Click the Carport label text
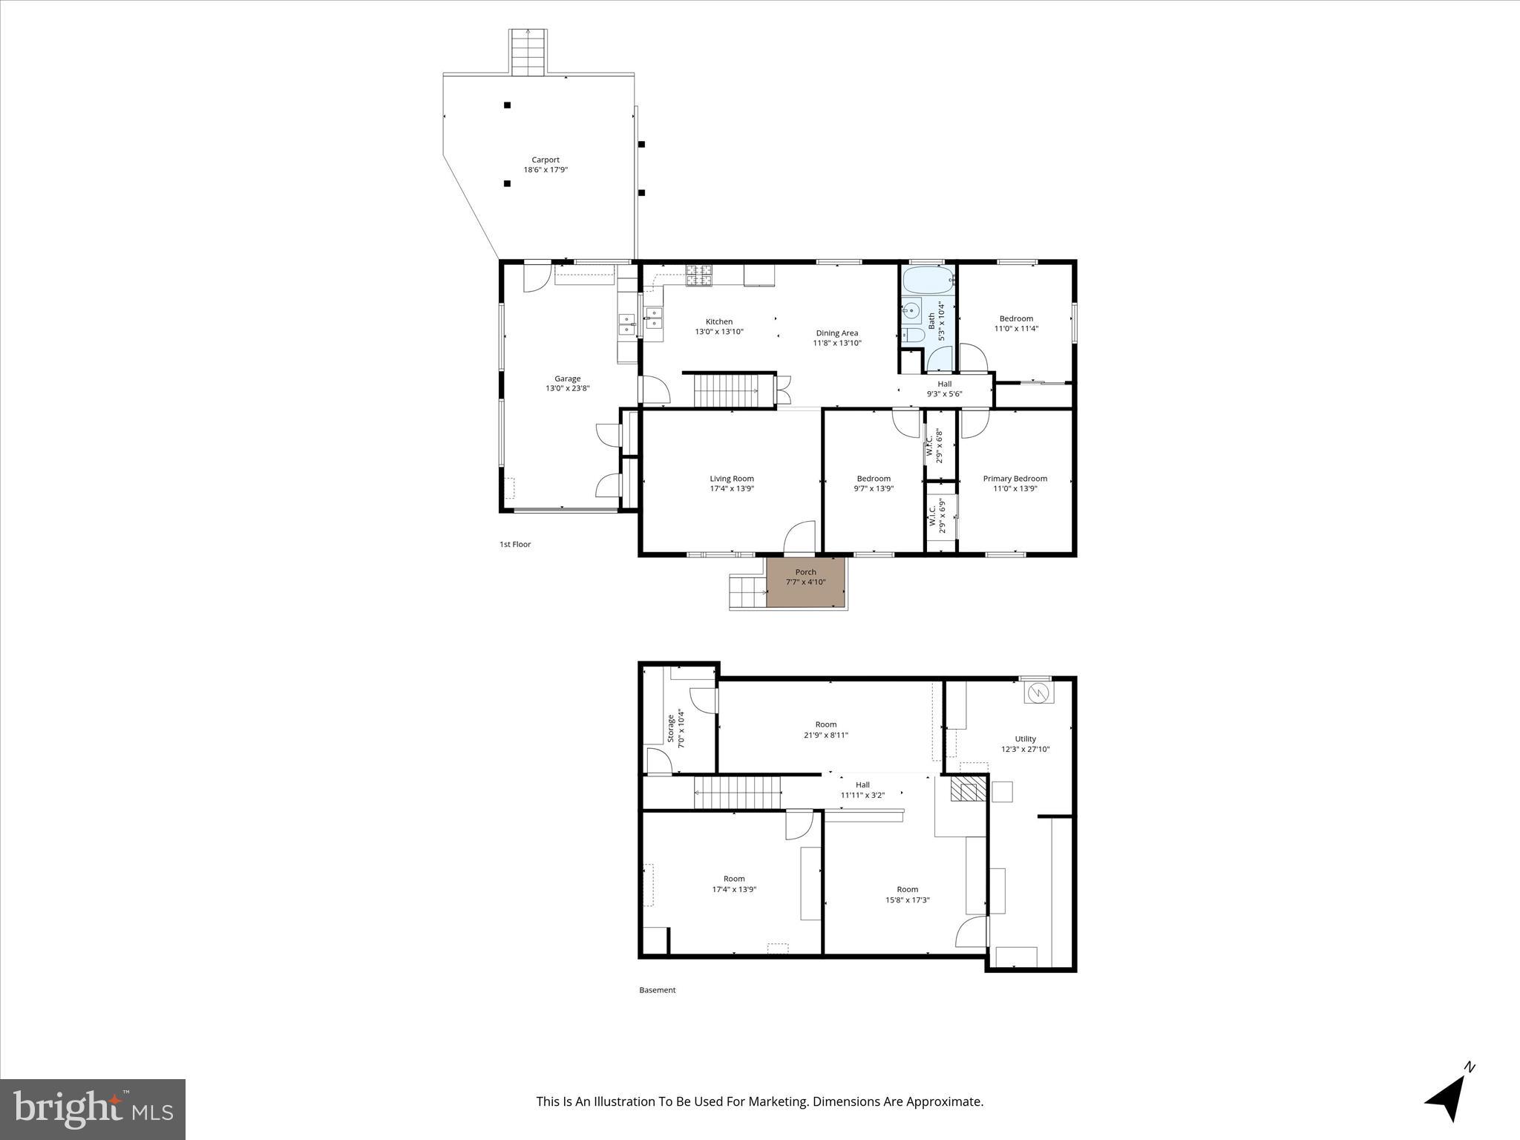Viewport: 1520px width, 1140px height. point(545,160)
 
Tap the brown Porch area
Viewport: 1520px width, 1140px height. point(805,583)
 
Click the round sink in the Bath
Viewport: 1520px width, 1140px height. point(911,311)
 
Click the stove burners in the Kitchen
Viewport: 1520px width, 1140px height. point(698,275)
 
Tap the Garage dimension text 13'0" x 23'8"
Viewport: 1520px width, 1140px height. point(568,388)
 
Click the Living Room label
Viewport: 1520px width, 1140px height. point(732,479)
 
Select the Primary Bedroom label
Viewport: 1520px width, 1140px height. point(1015,479)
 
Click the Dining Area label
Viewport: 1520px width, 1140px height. point(836,333)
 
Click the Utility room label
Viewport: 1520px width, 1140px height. point(1025,739)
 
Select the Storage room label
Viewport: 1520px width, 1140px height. point(671,728)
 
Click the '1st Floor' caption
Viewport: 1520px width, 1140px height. point(515,545)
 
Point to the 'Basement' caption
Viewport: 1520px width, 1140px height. point(658,990)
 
